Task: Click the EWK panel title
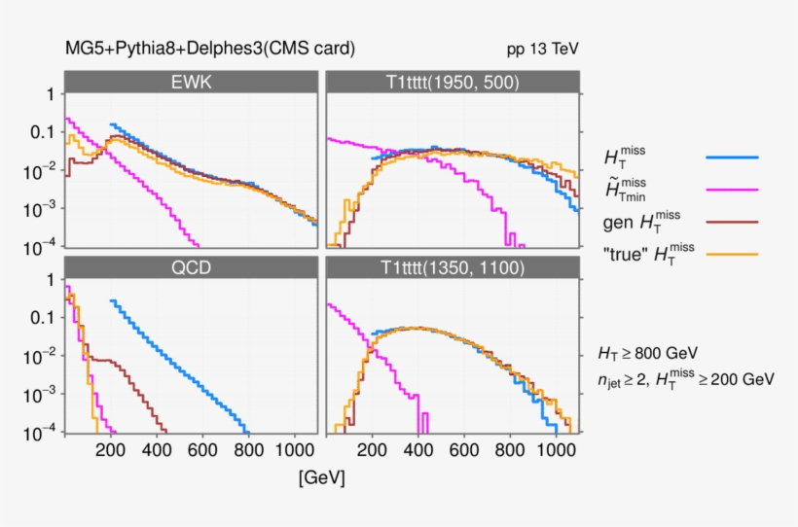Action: (191, 83)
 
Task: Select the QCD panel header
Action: (191, 268)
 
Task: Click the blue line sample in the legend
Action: (731, 156)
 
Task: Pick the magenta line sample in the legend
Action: (731, 189)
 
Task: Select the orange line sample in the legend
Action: (731, 256)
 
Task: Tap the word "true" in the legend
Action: (627, 256)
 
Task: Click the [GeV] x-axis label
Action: (321, 478)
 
